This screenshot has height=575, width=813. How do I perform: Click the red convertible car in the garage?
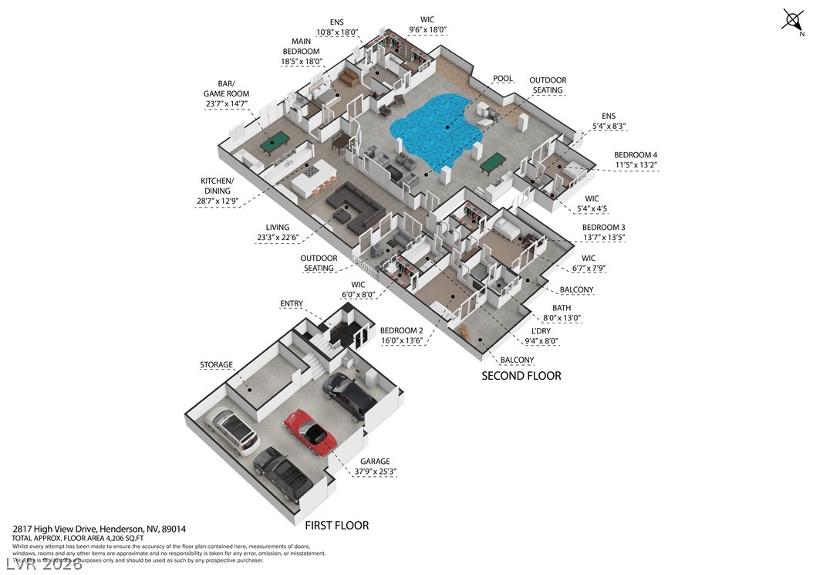click(x=310, y=432)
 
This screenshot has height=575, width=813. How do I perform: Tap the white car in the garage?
click(x=233, y=431)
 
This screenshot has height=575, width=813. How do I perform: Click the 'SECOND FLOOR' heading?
click(x=521, y=376)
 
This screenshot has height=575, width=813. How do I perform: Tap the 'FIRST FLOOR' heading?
click(x=336, y=526)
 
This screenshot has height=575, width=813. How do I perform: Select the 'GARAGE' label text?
click(x=375, y=462)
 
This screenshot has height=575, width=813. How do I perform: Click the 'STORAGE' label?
click(x=216, y=365)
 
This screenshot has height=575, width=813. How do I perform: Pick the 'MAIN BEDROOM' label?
click(x=302, y=46)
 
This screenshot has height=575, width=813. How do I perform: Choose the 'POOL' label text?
click(x=503, y=79)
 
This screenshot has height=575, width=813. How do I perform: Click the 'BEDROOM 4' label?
click(x=635, y=155)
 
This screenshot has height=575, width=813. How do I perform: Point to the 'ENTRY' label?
click(x=292, y=304)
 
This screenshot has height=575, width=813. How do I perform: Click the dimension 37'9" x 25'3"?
click(x=375, y=472)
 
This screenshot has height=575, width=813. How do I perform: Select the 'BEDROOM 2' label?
click(x=401, y=330)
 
